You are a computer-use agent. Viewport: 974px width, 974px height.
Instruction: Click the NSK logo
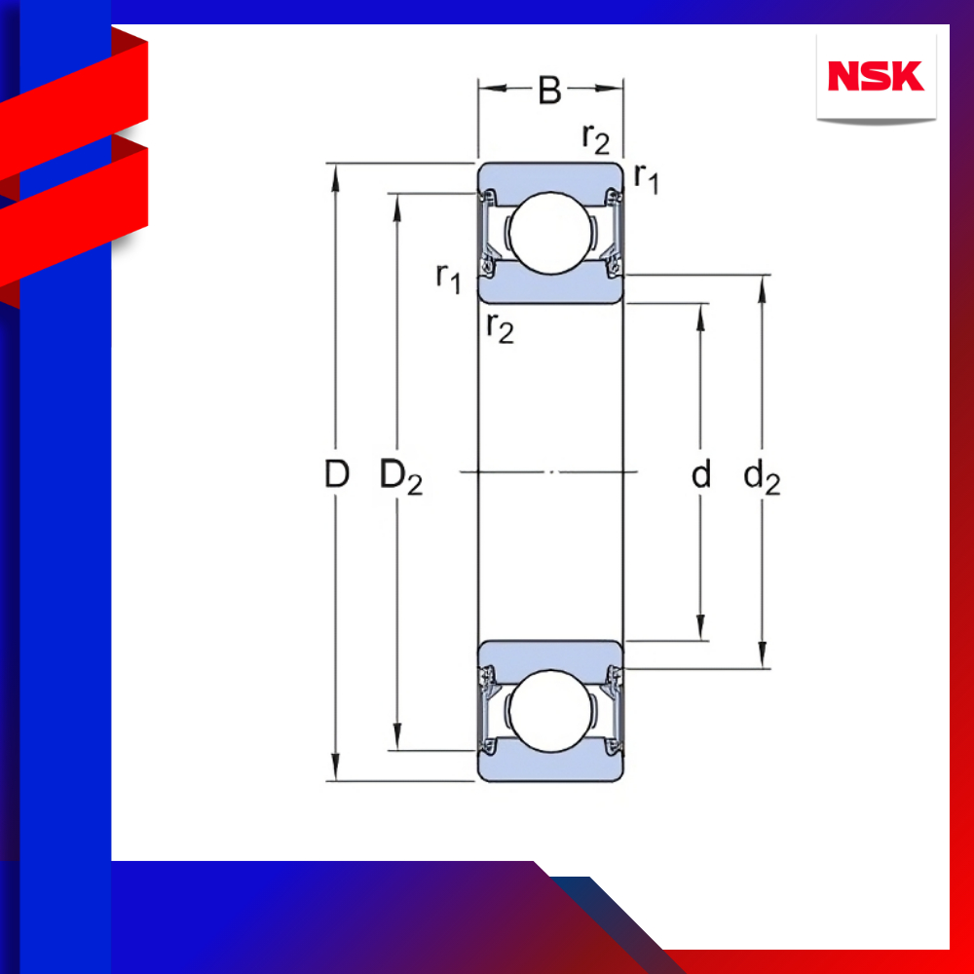pyautogui.click(x=876, y=76)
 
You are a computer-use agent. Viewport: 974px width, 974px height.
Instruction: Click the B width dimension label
pyautogui.click(x=549, y=90)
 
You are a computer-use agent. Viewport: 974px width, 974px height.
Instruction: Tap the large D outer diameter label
pyautogui.click(x=337, y=474)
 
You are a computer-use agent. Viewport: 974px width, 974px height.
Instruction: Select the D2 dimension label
pyautogui.click(x=401, y=477)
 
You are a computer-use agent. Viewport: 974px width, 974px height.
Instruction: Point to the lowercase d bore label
pyautogui.click(x=700, y=474)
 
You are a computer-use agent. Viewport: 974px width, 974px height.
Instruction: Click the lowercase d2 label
pyautogui.click(x=762, y=477)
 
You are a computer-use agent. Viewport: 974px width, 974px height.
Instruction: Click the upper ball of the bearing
pyautogui.click(x=550, y=233)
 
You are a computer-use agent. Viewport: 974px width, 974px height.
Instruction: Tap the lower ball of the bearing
pyautogui.click(x=550, y=711)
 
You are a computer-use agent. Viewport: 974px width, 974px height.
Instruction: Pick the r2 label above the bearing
pyautogui.click(x=596, y=138)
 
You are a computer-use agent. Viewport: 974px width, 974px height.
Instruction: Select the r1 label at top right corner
pyautogui.click(x=646, y=179)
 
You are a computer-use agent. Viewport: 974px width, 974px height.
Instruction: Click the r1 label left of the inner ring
pyautogui.click(x=448, y=278)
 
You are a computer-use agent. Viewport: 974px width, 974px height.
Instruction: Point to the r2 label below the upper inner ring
pyautogui.click(x=500, y=327)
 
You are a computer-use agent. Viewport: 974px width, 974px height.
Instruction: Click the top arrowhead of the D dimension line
pyautogui.click(x=335, y=177)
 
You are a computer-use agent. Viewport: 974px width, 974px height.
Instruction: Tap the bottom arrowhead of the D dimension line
pyautogui.click(x=335, y=768)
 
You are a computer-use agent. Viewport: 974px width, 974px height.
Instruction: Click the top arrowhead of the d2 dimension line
pyautogui.click(x=763, y=288)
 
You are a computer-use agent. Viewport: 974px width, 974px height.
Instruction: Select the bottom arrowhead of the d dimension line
pyautogui.click(x=700, y=626)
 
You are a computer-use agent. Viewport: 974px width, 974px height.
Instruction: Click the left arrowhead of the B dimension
pyautogui.click(x=492, y=89)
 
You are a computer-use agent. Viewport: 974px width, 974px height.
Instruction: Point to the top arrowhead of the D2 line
pyautogui.click(x=397, y=206)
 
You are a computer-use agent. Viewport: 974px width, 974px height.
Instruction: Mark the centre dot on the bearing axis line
pyautogui.click(x=550, y=472)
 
